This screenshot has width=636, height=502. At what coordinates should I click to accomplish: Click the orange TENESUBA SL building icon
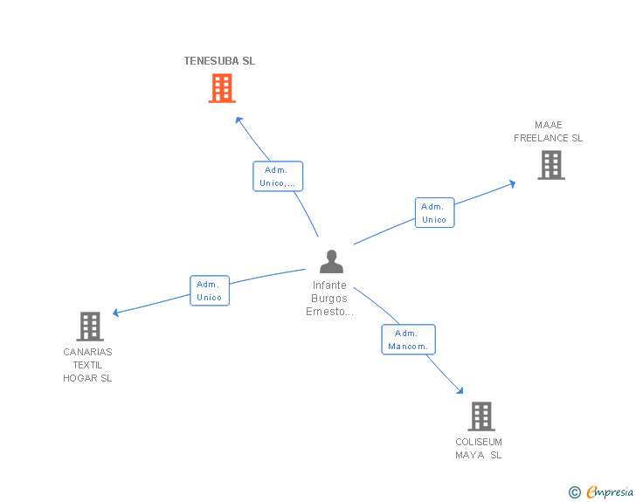(222, 88)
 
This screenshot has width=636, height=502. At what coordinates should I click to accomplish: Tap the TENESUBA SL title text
(219, 61)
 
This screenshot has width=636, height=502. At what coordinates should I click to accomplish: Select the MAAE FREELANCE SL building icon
(550, 165)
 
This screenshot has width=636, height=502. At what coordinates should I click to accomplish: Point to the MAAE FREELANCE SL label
(548, 132)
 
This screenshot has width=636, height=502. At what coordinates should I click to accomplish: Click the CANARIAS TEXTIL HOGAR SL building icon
(90, 327)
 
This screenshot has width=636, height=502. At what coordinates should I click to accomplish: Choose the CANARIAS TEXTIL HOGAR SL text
(87, 365)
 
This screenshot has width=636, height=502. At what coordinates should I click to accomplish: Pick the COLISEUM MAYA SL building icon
(480, 416)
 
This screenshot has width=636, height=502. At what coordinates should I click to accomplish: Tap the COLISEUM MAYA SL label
(479, 449)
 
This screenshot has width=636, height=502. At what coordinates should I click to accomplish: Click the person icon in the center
(331, 261)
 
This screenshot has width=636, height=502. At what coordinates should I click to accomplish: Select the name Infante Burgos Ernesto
(329, 299)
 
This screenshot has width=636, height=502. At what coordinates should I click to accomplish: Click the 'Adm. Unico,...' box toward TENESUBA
(278, 176)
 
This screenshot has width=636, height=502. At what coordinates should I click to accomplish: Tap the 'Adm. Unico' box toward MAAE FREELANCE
(434, 213)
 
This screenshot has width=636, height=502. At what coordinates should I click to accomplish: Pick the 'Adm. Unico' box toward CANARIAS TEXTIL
(210, 291)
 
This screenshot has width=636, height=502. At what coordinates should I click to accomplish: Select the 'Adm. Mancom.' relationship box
(408, 340)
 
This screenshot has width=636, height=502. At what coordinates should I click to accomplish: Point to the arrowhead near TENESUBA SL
(238, 120)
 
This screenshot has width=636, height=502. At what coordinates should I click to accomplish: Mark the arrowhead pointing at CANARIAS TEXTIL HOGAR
(116, 313)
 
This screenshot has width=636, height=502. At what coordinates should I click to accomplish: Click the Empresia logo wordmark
(610, 492)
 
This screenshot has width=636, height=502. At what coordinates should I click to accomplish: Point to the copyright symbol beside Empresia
(574, 492)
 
